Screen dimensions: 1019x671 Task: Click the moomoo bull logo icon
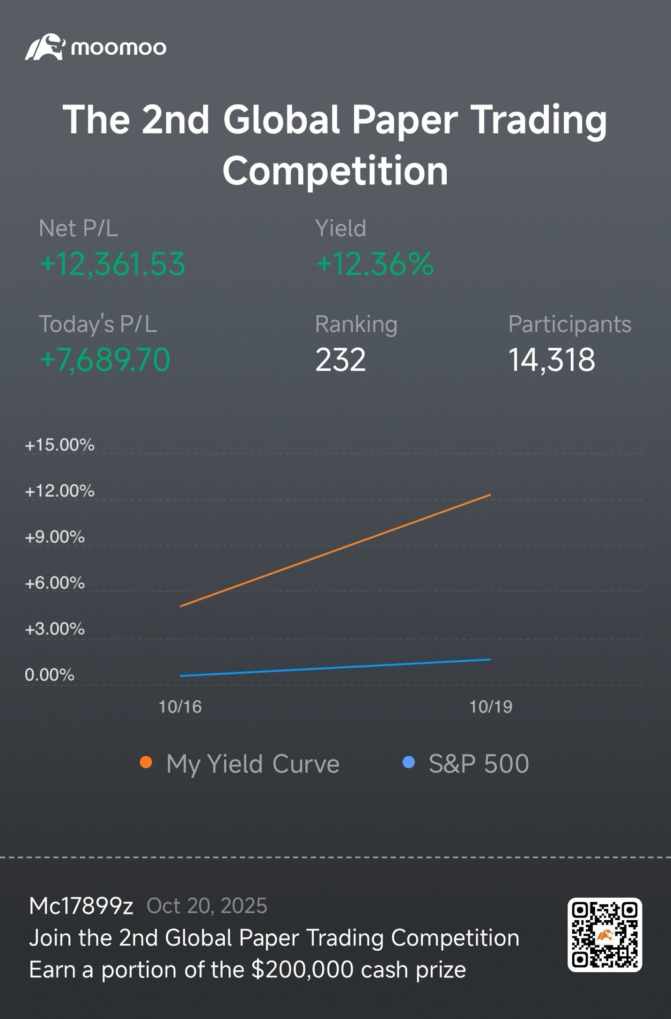click(44, 47)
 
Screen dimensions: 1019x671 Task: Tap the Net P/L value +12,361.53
click(112, 264)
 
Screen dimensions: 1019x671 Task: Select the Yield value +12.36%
click(375, 264)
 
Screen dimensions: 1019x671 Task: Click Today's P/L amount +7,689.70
click(105, 360)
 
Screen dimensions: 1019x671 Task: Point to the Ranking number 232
click(340, 360)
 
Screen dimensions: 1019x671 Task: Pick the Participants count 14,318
click(552, 360)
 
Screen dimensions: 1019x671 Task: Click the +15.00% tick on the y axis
click(59, 444)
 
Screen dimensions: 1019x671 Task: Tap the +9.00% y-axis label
click(55, 537)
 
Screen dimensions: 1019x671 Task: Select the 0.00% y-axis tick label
click(49, 675)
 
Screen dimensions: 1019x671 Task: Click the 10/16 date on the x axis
click(180, 707)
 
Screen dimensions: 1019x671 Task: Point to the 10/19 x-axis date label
click(491, 707)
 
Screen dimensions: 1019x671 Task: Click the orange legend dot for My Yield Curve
click(146, 763)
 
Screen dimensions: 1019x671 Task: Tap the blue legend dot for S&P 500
click(409, 763)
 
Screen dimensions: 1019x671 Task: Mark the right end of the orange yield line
click(490, 495)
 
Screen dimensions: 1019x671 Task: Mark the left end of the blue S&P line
click(181, 675)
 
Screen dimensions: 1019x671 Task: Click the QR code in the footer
click(605, 935)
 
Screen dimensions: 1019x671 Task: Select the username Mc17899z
click(81, 906)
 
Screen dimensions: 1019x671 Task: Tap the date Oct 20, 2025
click(207, 906)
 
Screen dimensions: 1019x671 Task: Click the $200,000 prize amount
click(302, 969)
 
